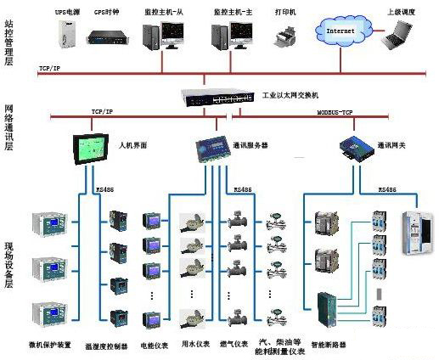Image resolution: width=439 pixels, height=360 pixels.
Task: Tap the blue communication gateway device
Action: coord(352,145)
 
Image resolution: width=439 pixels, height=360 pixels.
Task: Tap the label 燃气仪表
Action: coord(234,344)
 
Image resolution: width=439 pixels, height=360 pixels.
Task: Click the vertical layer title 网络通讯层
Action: coord(9,127)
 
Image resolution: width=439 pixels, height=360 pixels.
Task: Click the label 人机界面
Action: coord(133,145)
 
